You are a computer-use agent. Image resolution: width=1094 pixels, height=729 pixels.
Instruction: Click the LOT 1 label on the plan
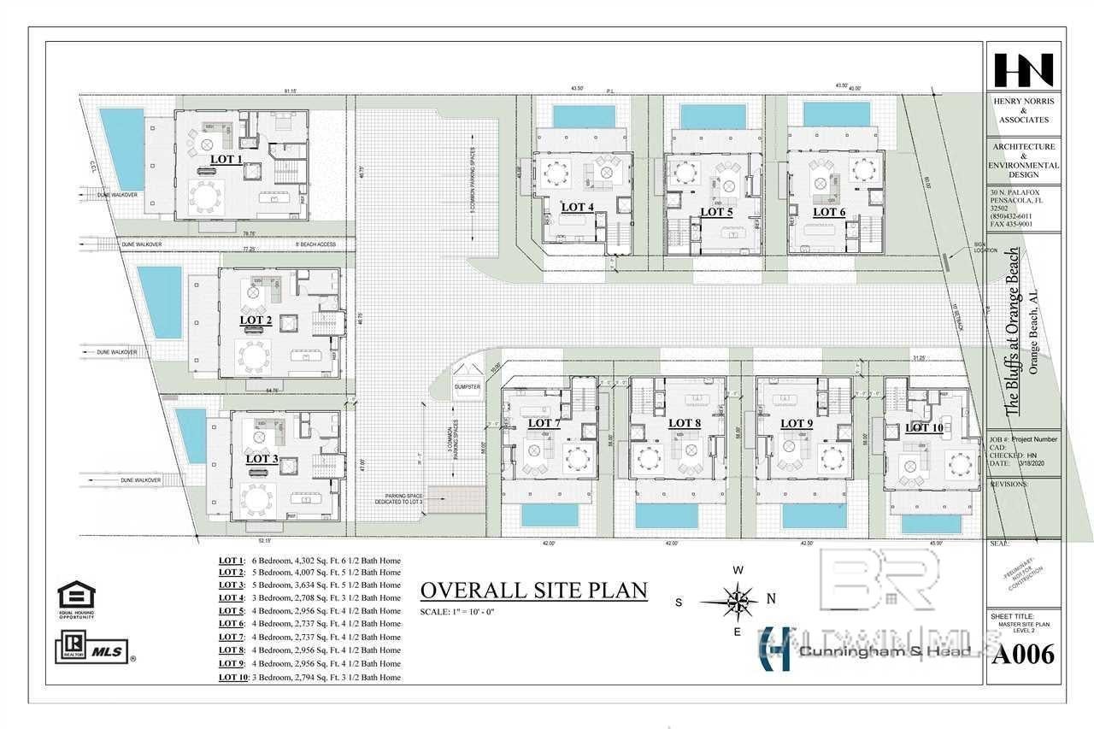[226, 159]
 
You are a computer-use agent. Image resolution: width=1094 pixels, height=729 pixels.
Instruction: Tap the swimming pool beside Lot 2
[160, 302]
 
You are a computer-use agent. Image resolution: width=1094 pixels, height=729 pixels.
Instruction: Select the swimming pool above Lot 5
[713, 115]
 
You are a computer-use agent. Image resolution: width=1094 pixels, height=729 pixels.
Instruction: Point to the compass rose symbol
[735, 601]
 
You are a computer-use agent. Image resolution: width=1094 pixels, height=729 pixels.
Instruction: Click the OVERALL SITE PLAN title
[534, 591]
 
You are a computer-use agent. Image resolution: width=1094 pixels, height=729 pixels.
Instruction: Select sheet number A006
[1022, 655]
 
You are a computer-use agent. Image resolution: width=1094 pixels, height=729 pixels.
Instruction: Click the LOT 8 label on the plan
[684, 423]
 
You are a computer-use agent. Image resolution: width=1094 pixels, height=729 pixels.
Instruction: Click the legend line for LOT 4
[309, 598]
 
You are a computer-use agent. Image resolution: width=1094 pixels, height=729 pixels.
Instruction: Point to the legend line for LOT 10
[309, 677]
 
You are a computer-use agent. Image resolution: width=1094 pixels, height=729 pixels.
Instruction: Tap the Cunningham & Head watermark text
[885, 652]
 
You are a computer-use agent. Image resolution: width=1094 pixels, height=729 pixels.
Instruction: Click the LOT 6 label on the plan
[829, 211]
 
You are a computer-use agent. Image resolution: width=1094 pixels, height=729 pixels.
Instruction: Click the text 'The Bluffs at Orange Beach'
[1012, 333]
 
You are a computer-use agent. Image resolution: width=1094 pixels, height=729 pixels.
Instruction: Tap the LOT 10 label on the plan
[924, 427]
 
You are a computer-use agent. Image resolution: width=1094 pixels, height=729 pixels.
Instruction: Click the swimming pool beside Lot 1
[121, 149]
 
